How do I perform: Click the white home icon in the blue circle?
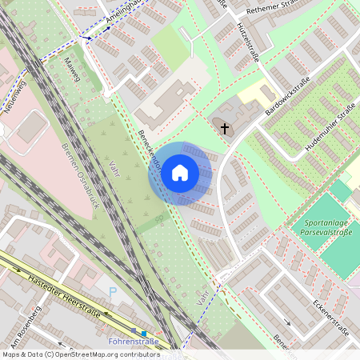[180, 172]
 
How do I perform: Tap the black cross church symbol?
[225, 128]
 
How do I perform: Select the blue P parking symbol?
[112, 292]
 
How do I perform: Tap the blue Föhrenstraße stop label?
[133, 342]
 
